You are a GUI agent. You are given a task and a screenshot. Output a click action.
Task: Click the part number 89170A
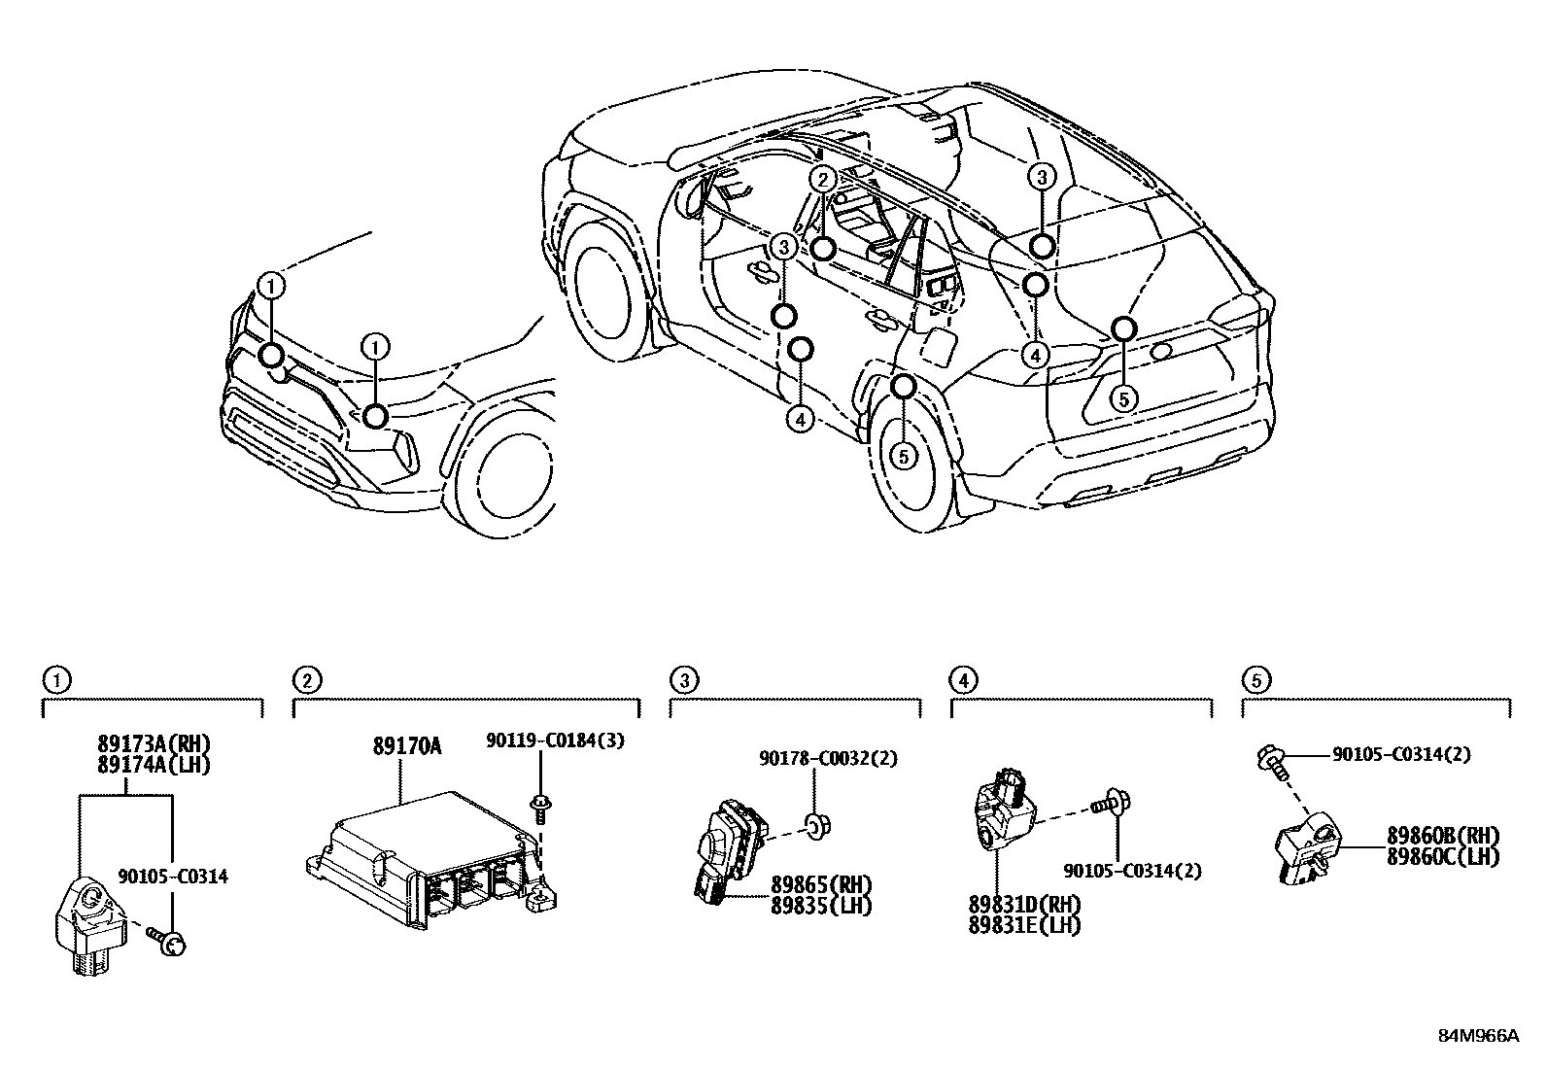pos(406,746)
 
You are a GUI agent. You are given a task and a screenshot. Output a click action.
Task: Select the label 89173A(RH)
pos(154,744)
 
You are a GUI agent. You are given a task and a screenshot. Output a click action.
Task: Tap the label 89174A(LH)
pos(154,763)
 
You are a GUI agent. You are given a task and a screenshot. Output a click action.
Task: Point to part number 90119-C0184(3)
pos(568,741)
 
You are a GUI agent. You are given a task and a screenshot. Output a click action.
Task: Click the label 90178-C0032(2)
pos(829,758)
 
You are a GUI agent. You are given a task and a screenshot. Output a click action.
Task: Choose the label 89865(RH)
pos(821,885)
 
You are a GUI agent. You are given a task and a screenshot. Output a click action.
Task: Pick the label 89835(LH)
pos(821,905)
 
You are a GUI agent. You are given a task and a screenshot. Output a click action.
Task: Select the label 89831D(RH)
pos(1024,905)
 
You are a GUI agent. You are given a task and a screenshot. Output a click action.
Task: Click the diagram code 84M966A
pos(1478,1036)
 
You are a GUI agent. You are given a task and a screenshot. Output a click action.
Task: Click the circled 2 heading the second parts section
pos(306,680)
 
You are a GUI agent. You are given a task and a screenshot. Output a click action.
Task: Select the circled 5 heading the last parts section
pos(1255,680)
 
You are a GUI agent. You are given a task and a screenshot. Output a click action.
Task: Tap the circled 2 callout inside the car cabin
pos(822,179)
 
